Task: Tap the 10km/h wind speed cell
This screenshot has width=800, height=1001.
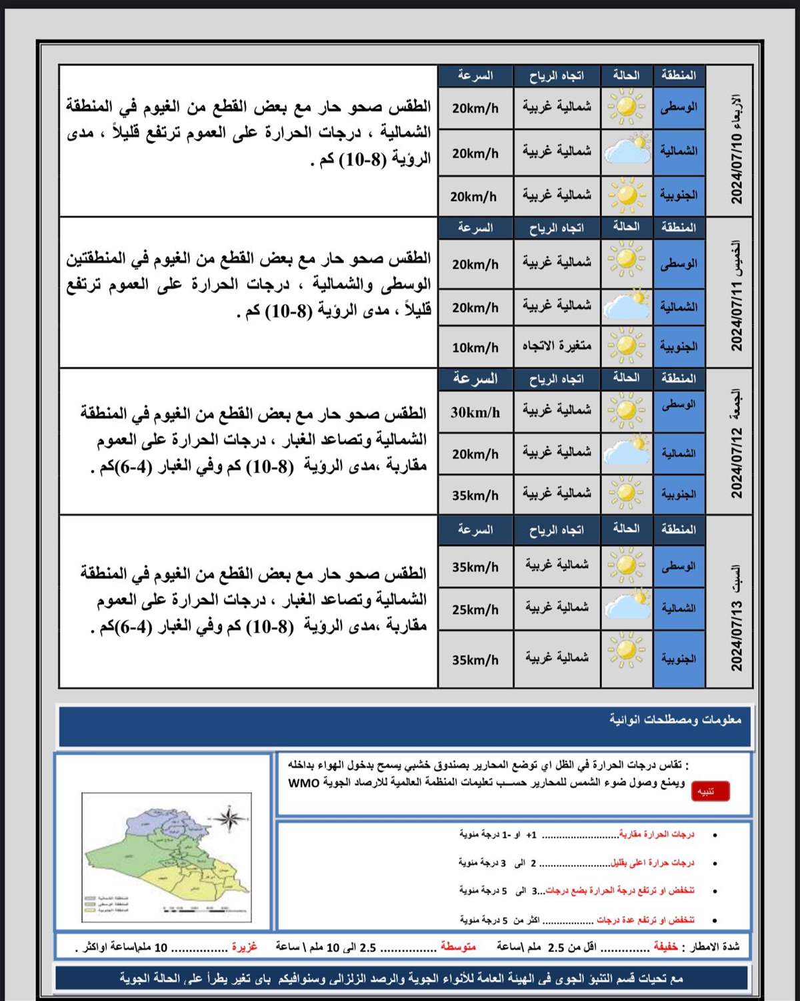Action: tap(475, 348)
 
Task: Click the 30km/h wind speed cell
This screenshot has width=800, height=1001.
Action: tap(475, 412)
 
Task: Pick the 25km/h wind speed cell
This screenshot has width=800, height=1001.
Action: tap(475, 609)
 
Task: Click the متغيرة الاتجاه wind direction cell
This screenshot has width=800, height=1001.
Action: tap(557, 346)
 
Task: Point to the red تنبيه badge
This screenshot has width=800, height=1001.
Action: tap(710, 791)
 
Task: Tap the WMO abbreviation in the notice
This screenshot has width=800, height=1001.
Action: tap(304, 783)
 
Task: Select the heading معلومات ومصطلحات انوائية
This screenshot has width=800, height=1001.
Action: tap(675, 719)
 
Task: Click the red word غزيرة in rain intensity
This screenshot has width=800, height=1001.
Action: tap(244, 947)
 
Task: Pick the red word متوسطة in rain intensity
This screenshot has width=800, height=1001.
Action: tap(458, 947)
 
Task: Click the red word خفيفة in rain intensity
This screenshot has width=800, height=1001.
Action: tap(665, 947)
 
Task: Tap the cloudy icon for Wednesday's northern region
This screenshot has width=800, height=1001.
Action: tap(627, 151)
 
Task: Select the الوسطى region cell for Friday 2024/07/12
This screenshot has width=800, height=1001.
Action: tap(679, 405)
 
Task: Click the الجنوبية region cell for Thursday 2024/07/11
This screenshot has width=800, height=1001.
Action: tap(679, 346)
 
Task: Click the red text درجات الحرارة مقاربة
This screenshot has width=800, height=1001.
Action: tap(657, 835)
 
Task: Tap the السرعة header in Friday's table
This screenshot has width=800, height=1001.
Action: tap(475, 379)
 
